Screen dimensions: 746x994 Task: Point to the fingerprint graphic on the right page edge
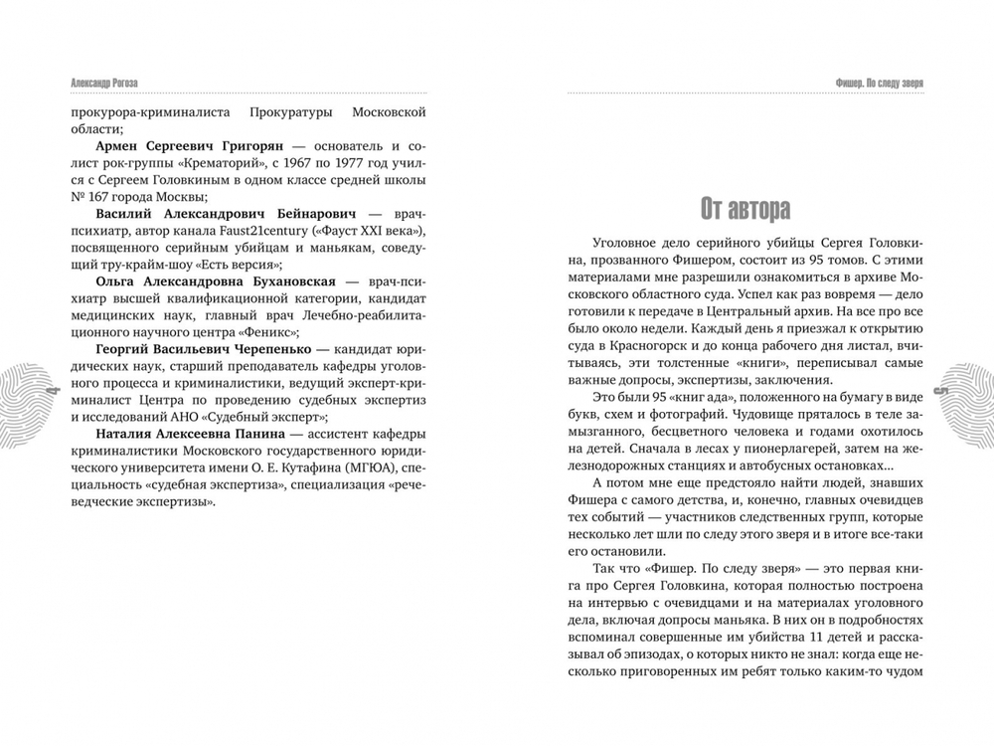point(969,390)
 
